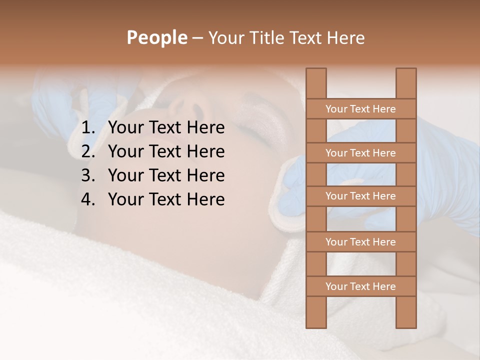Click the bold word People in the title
tap(156, 37)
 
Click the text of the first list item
tap(166, 128)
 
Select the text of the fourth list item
tap(166, 199)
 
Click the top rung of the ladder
tap(360, 109)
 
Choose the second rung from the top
tap(360, 153)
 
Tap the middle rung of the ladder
tap(360, 196)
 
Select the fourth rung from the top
tap(360, 242)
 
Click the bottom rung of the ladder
tap(360, 286)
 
